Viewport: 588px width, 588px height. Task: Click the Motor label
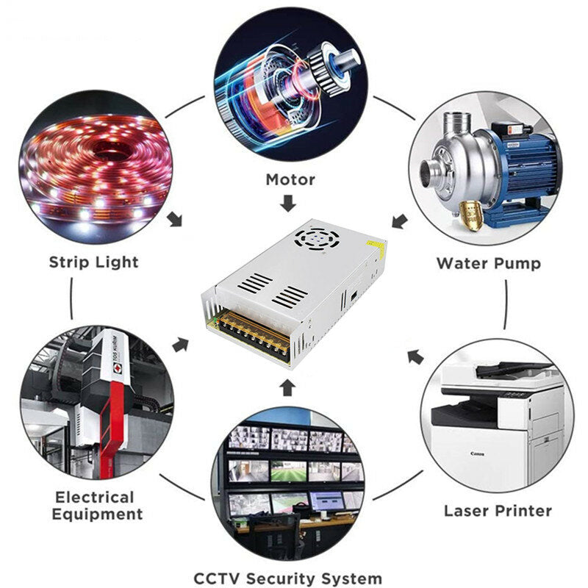click(290, 179)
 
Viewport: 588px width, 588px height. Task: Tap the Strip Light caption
click(94, 262)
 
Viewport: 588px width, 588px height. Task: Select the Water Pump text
click(489, 263)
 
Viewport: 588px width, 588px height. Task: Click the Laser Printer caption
click(498, 511)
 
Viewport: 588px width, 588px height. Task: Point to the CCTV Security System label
click(288, 578)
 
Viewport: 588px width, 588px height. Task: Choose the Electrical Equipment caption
click(97, 506)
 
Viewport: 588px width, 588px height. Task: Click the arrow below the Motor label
click(288, 203)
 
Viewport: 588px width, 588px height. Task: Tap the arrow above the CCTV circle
click(287, 387)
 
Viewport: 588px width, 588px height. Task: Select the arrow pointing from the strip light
click(175, 219)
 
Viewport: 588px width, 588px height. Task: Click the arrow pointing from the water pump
click(400, 221)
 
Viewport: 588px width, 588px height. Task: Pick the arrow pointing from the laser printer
click(415, 356)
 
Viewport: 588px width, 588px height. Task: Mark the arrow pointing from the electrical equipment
click(180, 344)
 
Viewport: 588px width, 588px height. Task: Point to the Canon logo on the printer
click(477, 453)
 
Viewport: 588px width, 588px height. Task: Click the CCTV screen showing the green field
click(289, 471)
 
